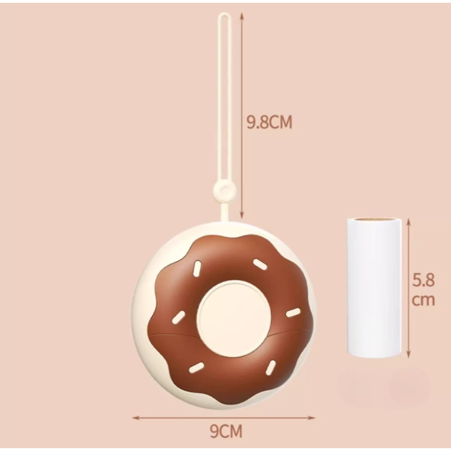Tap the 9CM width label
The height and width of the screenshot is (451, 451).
[x=226, y=431]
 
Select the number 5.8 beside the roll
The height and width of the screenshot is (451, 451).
[x=423, y=280]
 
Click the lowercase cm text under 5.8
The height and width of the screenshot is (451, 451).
[x=423, y=300]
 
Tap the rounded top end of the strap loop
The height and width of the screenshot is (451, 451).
[x=225, y=15]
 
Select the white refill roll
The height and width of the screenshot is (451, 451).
[x=374, y=288]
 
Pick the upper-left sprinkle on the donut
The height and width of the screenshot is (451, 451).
[x=197, y=268]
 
